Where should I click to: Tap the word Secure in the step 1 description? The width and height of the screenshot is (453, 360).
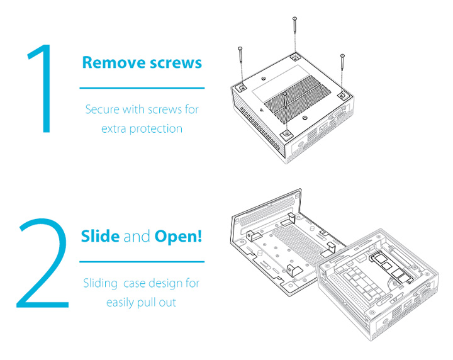(103, 110)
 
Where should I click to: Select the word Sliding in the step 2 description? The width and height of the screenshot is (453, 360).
(100, 283)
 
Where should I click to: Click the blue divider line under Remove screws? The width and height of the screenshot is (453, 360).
(142, 87)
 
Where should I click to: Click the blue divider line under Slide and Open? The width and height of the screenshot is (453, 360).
(142, 261)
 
